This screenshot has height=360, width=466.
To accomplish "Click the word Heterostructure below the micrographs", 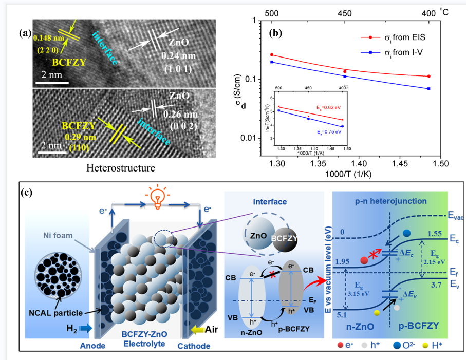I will (120, 168).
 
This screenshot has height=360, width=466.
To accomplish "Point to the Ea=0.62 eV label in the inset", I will (328, 107).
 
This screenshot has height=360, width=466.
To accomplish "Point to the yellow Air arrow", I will (196, 328).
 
